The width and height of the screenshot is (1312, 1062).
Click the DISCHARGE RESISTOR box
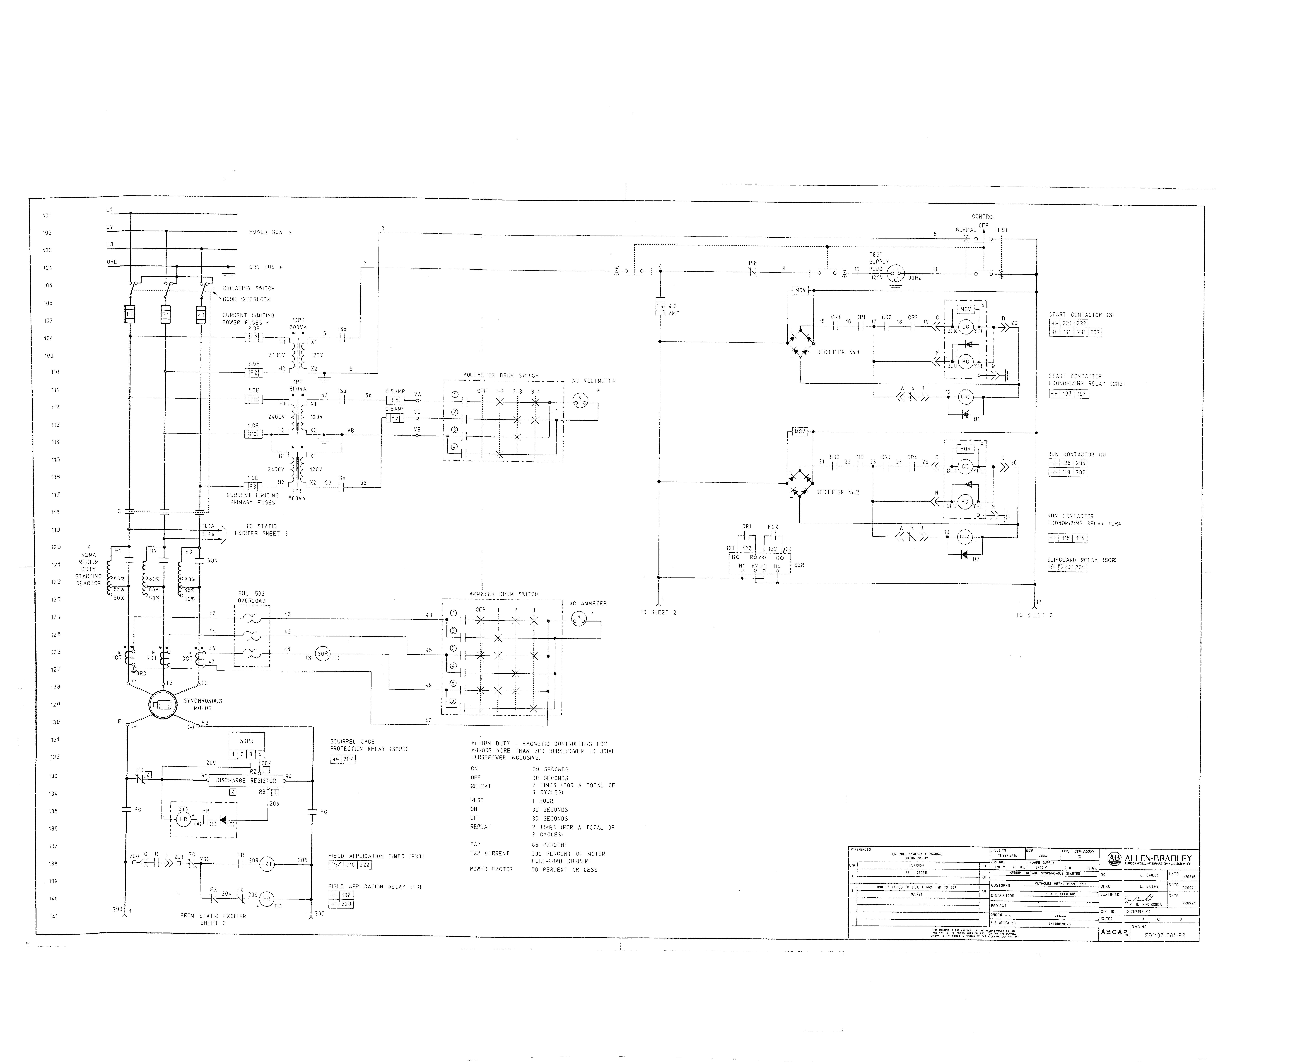click(x=246, y=781)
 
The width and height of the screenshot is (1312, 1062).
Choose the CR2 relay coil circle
click(x=965, y=397)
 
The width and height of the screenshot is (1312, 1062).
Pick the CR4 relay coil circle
click(x=965, y=537)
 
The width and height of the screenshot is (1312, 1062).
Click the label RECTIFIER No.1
click(x=838, y=352)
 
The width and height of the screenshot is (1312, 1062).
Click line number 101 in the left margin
click(x=47, y=215)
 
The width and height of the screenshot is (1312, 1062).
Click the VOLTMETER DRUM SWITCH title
click(x=501, y=376)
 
